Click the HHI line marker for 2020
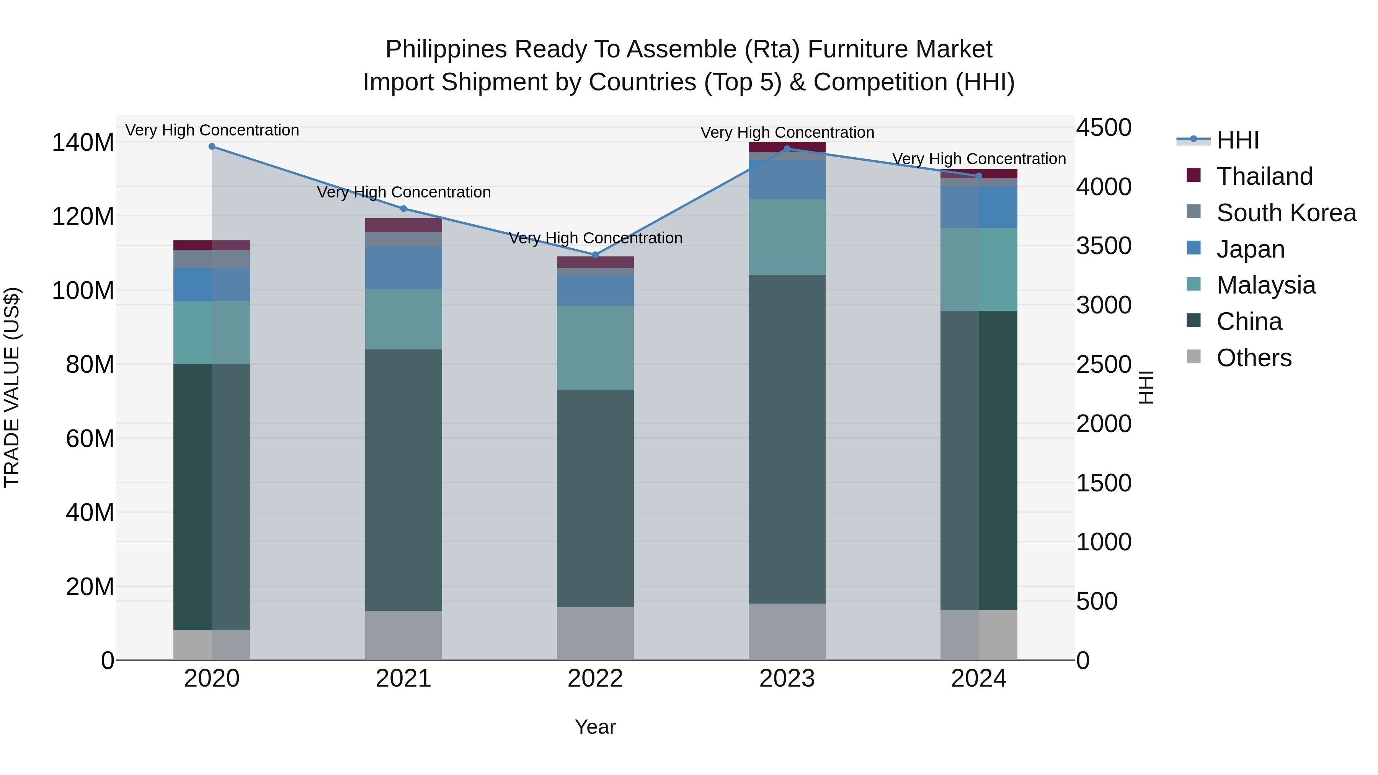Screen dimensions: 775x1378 pos(212,147)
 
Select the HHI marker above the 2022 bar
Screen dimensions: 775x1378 pos(595,255)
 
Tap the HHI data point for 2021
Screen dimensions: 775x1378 pos(404,209)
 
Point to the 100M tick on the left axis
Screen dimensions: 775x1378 pos(83,291)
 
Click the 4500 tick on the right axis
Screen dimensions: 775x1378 pos(1104,128)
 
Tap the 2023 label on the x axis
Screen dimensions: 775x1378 pos(787,679)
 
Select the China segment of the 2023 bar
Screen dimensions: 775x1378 pos(787,439)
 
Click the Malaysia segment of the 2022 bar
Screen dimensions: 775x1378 pos(595,348)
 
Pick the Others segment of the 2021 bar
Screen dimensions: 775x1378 pos(404,635)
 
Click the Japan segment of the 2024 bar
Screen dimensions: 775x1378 pos(979,207)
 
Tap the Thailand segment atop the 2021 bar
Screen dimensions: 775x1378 pos(404,225)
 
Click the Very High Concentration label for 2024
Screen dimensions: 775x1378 pos(979,159)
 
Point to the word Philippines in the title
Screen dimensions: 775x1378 pos(446,50)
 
